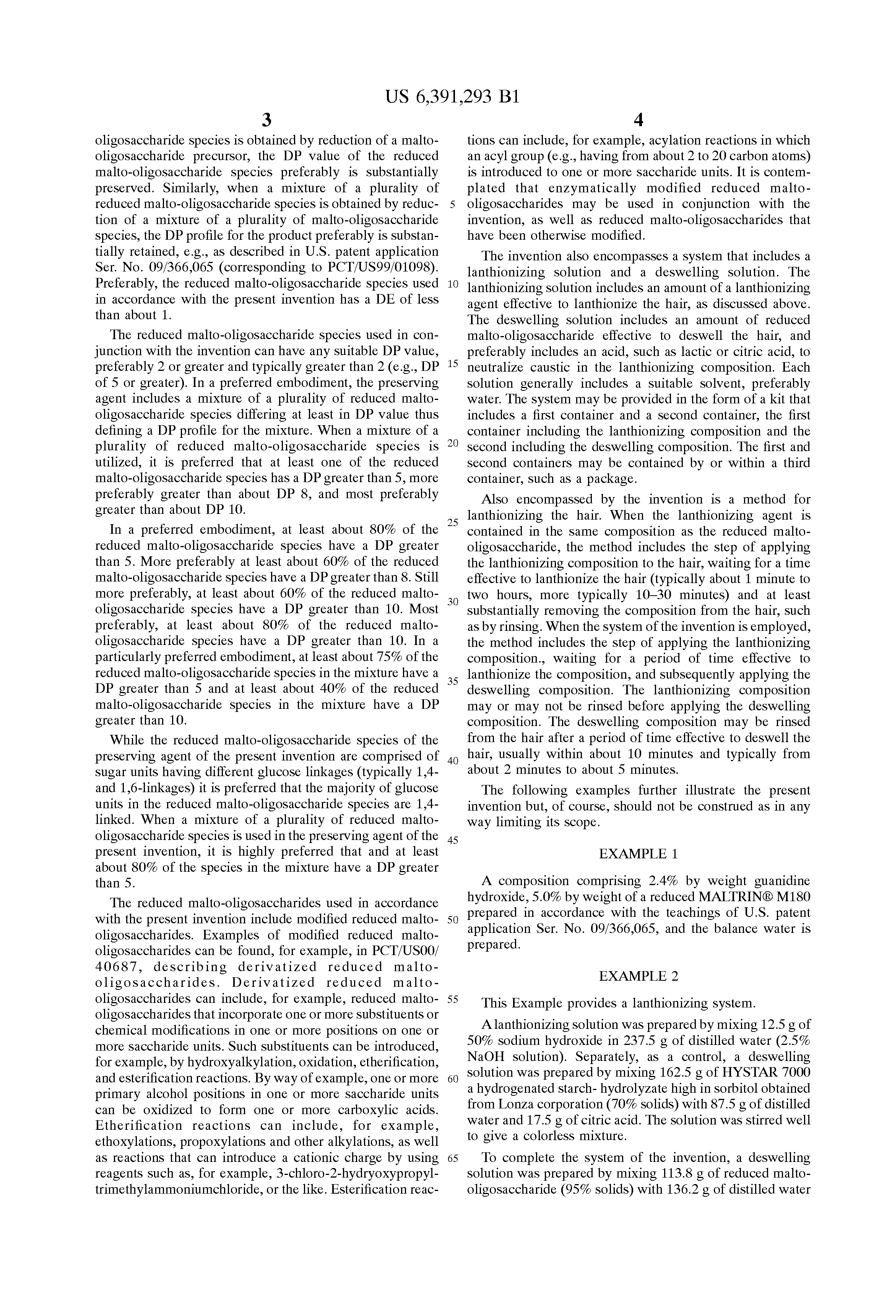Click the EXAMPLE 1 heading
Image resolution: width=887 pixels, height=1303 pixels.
(x=638, y=854)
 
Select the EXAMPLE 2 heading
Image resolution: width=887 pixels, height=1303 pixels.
(x=638, y=976)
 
